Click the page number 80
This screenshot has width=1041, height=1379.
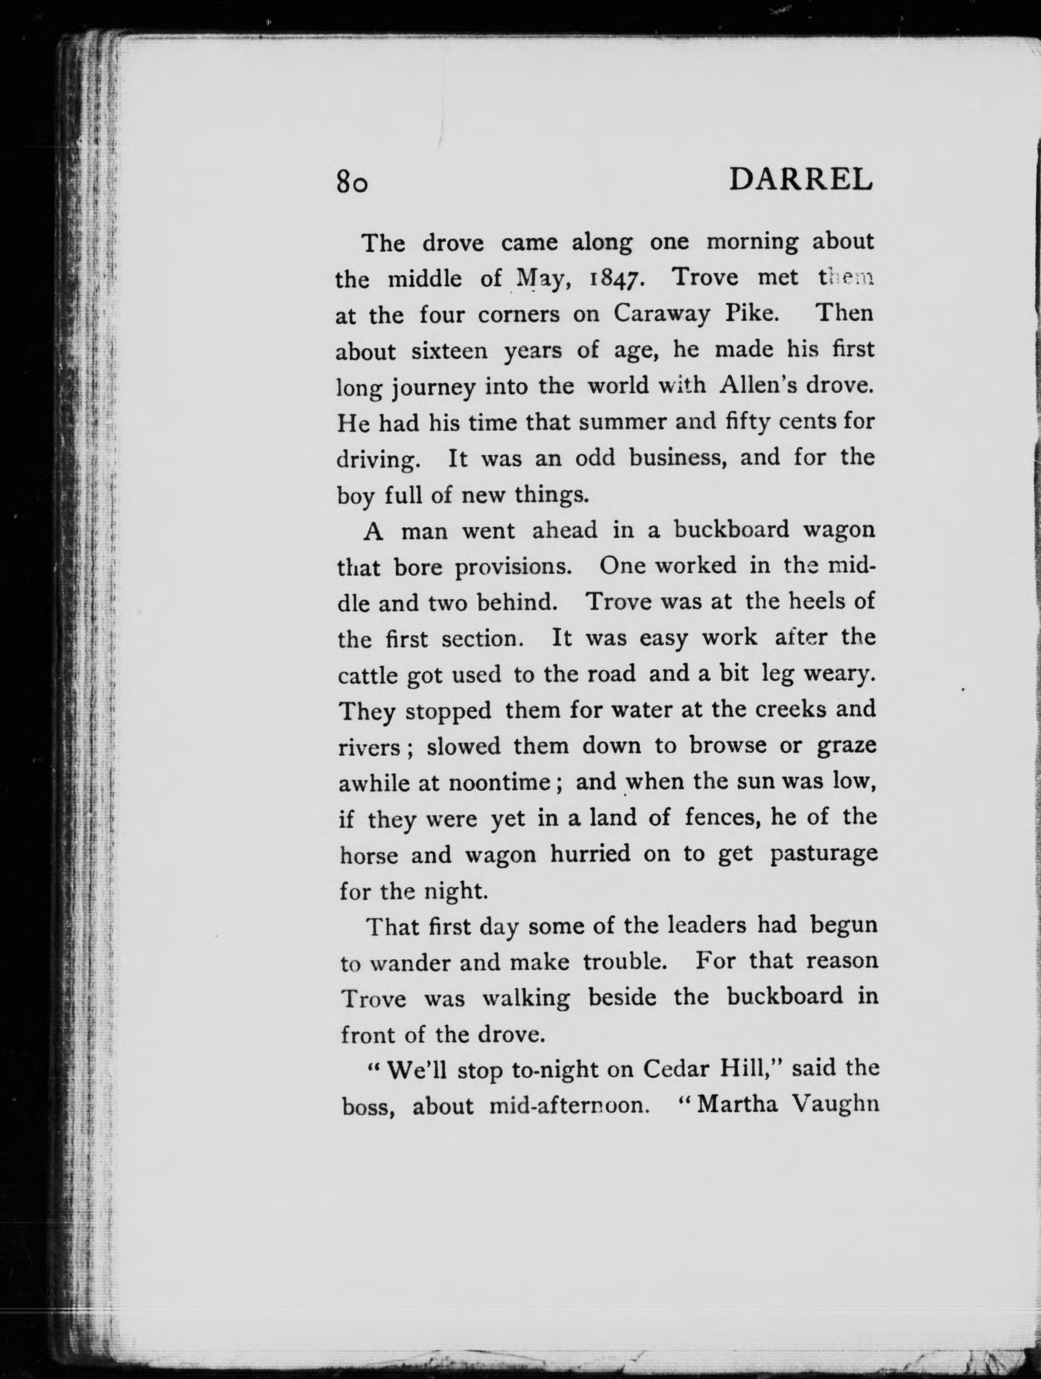click(x=352, y=183)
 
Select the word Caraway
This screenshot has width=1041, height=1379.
click(x=662, y=314)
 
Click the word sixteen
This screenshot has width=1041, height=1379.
click(x=449, y=351)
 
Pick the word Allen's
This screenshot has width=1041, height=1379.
click(x=757, y=386)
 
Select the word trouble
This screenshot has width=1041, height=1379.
click(x=624, y=962)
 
